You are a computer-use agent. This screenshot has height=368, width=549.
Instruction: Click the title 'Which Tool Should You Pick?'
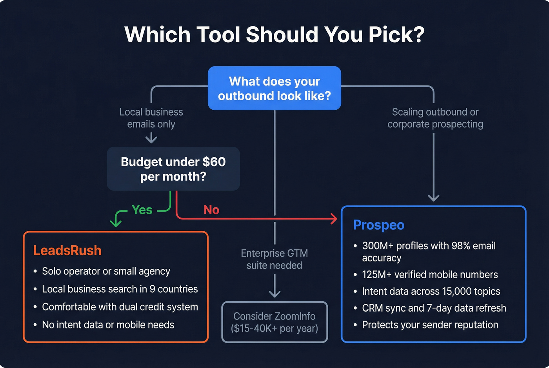tap(274, 34)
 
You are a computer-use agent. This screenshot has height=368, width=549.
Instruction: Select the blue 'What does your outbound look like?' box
tap(274, 88)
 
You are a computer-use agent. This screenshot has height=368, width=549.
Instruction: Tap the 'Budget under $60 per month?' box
tap(173, 169)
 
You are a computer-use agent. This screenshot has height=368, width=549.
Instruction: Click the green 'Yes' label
tap(142, 210)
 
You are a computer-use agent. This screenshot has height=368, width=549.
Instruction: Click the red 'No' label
tap(211, 210)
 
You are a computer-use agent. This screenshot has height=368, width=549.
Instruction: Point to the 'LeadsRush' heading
tap(67, 250)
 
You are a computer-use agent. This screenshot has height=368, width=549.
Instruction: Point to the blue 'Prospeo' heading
tap(378, 225)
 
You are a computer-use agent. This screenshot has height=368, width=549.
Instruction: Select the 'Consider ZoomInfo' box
tap(274, 322)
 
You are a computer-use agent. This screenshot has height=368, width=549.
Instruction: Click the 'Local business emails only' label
tap(151, 118)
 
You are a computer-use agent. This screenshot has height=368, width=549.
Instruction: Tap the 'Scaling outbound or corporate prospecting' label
tap(435, 118)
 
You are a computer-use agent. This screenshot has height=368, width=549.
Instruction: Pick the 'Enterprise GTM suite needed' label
tap(274, 259)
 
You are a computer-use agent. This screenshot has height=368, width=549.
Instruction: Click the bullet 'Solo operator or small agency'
tap(106, 271)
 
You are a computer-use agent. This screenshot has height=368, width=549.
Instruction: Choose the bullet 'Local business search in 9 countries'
tap(120, 289)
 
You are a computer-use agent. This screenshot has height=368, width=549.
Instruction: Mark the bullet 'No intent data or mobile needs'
tap(108, 325)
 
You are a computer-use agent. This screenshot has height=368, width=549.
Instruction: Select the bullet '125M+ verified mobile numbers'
tap(430, 275)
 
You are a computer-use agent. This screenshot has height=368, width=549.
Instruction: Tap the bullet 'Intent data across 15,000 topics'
tap(431, 292)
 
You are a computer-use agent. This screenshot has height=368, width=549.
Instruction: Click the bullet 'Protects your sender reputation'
tap(430, 325)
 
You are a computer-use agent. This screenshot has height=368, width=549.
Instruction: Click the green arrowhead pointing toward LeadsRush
tap(116, 223)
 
